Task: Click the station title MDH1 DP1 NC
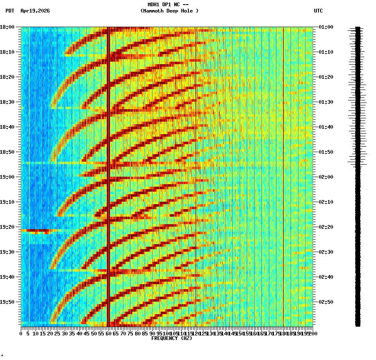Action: (169, 5)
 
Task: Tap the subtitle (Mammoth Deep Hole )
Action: (169, 11)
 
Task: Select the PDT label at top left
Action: (10, 11)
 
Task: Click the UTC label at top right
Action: (318, 11)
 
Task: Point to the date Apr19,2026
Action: (35, 11)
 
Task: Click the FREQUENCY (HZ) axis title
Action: (171, 338)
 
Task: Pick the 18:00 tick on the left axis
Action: (8, 27)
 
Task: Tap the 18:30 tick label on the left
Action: (8, 102)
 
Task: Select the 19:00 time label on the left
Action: (8, 177)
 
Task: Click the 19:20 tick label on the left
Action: (8, 227)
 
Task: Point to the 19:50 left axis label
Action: (8, 302)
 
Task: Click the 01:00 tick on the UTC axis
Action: (326, 27)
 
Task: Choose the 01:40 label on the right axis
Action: (326, 127)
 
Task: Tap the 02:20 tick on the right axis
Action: (326, 227)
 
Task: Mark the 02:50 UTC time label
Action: (326, 302)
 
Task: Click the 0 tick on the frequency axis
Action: (21, 334)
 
